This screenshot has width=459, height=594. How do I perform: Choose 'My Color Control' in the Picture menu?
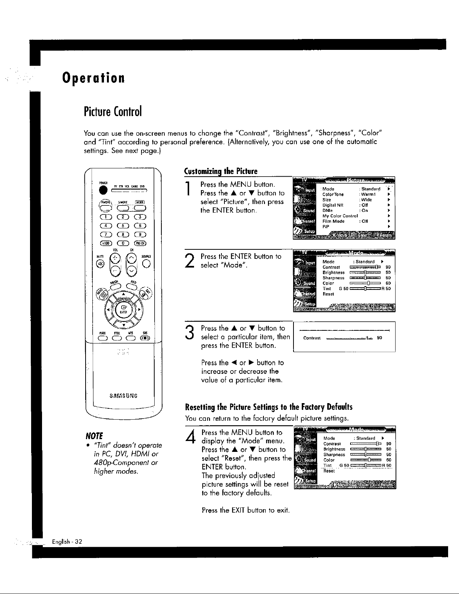tap(340, 216)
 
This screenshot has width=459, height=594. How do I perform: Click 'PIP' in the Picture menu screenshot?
tap(326, 226)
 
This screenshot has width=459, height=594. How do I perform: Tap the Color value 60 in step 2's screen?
tap(388, 283)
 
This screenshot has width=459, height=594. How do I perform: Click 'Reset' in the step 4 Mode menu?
tap(329, 471)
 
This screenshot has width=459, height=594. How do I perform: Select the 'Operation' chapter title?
tap(93, 78)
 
